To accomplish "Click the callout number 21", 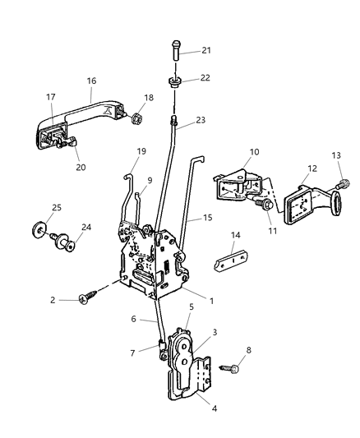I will (205, 50).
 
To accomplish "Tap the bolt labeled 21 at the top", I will (176, 51).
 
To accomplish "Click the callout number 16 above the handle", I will (91, 81).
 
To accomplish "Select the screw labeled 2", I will (85, 300).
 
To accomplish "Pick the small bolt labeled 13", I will (344, 186).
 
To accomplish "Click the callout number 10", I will (255, 152).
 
